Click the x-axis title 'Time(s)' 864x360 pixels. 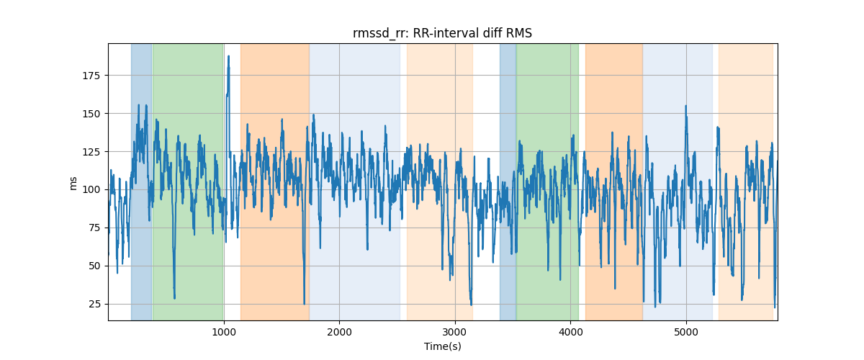click(442, 346)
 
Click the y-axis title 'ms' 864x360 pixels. click(73, 182)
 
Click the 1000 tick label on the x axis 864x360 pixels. click(224, 332)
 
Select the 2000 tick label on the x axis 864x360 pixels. click(339, 332)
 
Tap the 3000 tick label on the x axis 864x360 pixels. click(455, 332)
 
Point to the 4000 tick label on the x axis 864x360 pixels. click(570, 332)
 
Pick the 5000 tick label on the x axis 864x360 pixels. click(686, 332)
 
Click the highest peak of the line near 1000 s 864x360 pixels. click(228, 56)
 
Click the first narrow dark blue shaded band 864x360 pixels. click(141, 180)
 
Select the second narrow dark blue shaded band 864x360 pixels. click(508, 180)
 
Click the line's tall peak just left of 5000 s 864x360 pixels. click(685, 106)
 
